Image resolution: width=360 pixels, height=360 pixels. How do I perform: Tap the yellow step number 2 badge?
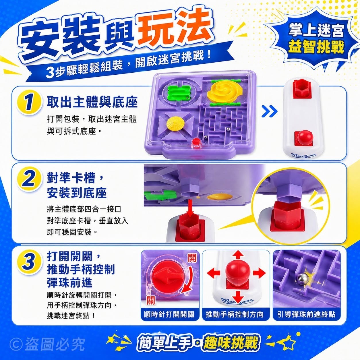(x=29, y=181)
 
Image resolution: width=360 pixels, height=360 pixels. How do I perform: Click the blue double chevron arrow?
(x=270, y=112)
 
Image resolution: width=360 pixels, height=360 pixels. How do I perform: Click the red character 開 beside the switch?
(x=192, y=258)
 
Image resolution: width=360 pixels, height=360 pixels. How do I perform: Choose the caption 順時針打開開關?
(x=169, y=315)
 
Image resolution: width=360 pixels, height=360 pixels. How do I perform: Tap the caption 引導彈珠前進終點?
(x=306, y=315)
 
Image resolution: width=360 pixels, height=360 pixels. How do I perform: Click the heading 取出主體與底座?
(x=92, y=102)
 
